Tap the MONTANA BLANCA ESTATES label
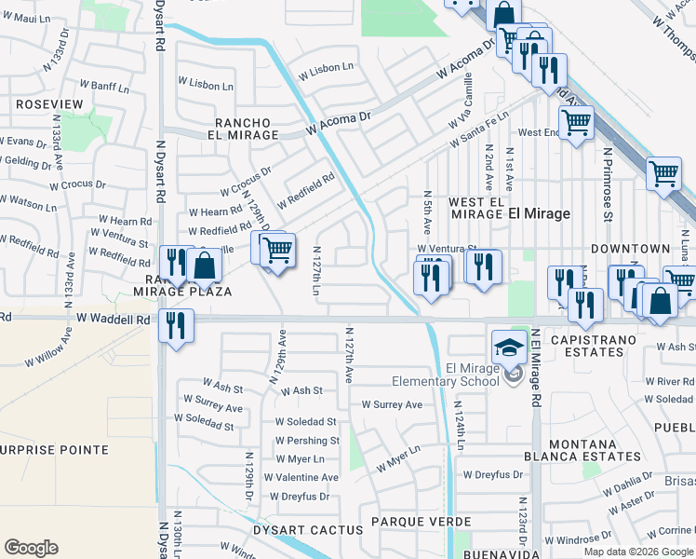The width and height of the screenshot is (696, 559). pos(595,450)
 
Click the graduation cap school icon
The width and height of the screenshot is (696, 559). pos(509,348)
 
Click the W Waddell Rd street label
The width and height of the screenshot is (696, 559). pos(113,319)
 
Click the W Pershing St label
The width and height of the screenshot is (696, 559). pos(306,441)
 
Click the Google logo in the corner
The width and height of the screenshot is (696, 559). pos(31,548)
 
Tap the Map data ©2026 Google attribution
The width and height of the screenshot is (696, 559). pos(637,552)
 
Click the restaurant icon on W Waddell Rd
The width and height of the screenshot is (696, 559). pos(174,326)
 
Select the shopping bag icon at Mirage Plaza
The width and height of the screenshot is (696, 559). pos(204,266)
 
